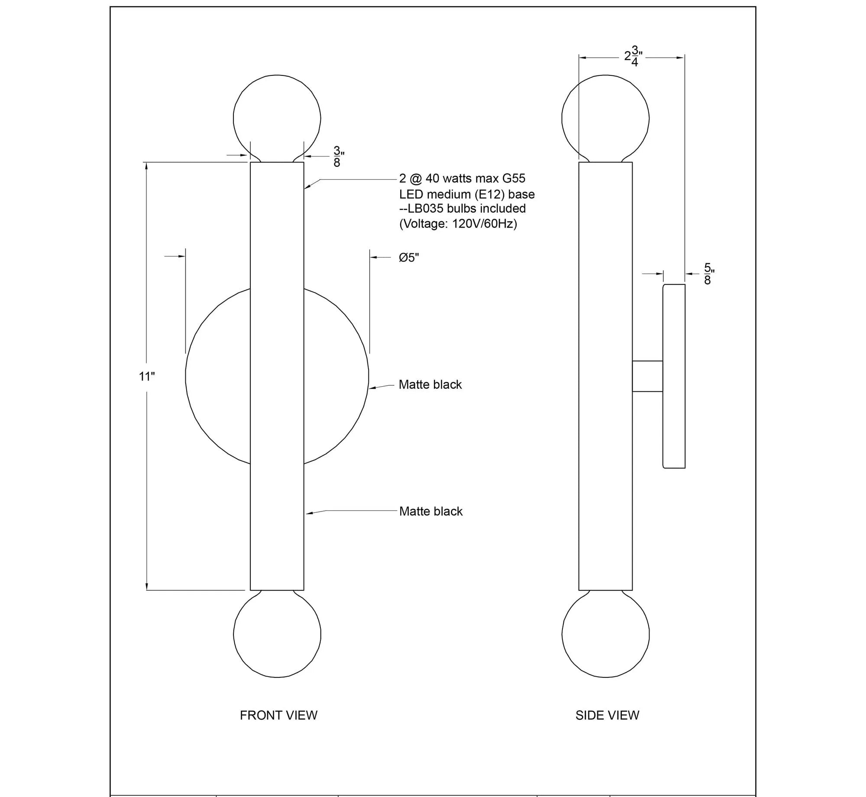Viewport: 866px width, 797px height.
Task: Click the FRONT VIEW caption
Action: point(278,715)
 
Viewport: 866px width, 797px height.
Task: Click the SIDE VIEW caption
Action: point(607,715)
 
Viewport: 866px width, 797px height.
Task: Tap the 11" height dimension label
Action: point(147,377)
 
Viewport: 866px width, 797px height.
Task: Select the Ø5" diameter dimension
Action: point(409,258)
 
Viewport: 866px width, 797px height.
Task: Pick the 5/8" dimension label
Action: point(709,274)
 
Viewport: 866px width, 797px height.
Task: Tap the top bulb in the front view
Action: point(277,118)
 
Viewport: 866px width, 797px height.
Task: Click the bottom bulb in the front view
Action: point(277,634)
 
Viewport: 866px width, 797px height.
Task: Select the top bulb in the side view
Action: point(605,118)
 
